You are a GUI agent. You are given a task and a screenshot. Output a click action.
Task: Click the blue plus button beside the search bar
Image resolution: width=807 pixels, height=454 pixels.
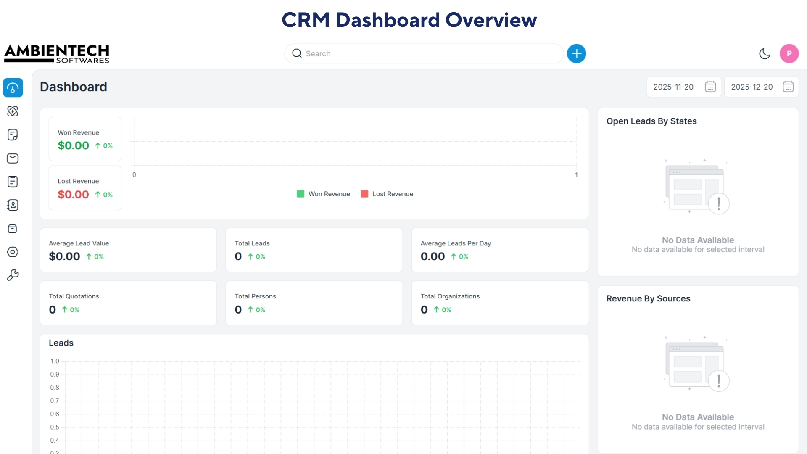(x=576, y=54)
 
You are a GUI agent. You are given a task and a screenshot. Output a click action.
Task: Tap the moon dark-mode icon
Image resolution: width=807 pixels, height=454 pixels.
(x=765, y=54)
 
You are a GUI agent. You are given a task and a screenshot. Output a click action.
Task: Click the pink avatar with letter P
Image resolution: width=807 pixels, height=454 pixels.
(x=789, y=54)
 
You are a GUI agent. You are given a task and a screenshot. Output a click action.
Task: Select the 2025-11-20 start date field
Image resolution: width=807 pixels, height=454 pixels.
(x=673, y=87)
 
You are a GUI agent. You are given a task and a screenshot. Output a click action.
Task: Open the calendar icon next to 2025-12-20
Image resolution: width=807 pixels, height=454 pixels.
(x=788, y=87)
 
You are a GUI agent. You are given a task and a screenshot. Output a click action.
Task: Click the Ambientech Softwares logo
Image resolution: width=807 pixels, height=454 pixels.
(x=57, y=54)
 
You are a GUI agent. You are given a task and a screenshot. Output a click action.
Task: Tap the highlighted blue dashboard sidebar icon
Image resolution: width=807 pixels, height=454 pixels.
(x=13, y=88)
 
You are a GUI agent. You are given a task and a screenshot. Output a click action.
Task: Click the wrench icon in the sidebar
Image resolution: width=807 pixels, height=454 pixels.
(x=13, y=275)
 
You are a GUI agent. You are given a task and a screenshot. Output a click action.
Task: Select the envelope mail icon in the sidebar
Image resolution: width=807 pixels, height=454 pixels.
(x=13, y=158)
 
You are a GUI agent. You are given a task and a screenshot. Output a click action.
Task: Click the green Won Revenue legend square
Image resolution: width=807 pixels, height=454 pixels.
(x=301, y=194)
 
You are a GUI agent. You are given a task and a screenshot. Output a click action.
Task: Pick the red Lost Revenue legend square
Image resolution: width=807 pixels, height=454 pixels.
(x=364, y=194)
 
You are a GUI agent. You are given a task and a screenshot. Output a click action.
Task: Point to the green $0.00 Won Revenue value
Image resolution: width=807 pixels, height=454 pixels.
(x=74, y=146)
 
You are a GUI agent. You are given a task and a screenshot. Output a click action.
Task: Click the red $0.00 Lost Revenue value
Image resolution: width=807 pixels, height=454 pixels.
(x=74, y=195)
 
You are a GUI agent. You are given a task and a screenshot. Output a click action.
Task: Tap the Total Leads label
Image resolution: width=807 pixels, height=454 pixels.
(x=252, y=243)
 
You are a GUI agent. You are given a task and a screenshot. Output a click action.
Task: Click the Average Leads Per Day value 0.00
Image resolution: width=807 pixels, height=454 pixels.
(x=433, y=256)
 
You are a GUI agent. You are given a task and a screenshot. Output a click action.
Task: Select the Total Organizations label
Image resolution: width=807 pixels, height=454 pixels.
(x=450, y=296)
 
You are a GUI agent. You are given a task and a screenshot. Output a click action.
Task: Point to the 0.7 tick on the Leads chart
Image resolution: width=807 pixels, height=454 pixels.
(x=55, y=401)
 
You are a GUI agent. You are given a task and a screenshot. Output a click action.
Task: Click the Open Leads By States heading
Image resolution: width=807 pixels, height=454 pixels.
(x=651, y=121)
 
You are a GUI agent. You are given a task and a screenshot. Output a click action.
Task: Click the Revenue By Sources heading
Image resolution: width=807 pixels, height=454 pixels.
(x=648, y=298)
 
